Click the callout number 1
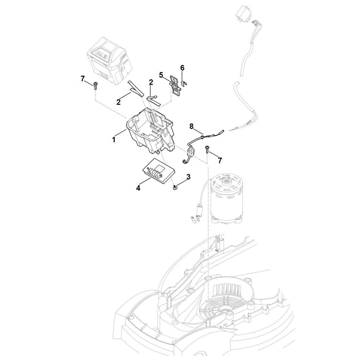point(114,139)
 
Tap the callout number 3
point(188,177)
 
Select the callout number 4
point(138,188)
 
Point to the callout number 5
point(161,75)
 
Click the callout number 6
point(182,68)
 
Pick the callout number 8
point(191,126)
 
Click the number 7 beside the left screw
point(83,79)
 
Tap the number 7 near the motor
point(220,161)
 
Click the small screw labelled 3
point(176,188)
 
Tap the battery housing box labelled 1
point(150,133)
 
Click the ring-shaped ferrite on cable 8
point(190,152)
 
